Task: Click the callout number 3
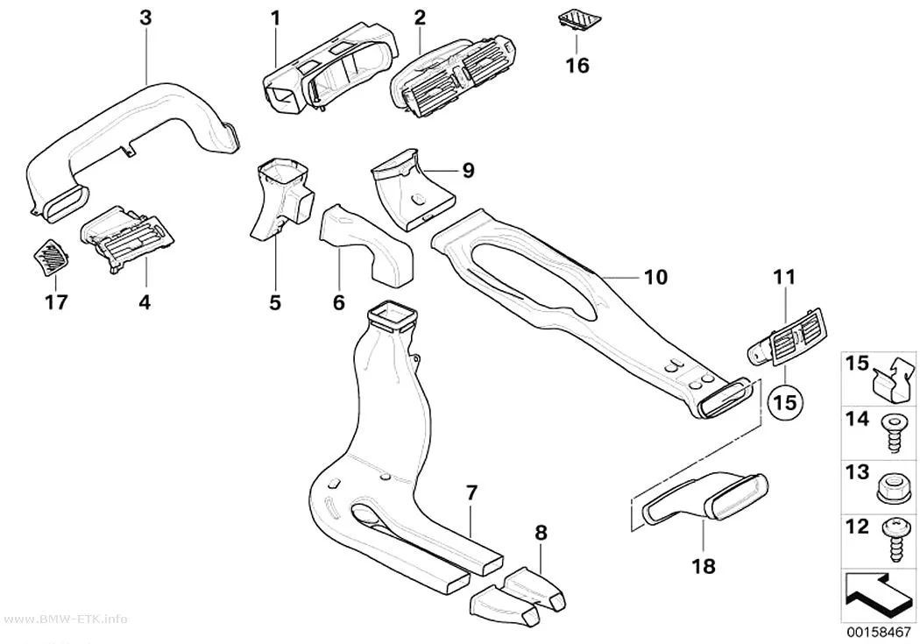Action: (x=145, y=18)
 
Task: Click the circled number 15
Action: (x=785, y=402)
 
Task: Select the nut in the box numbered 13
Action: (x=893, y=486)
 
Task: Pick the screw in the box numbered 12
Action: (x=893, y=539)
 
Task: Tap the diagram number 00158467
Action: (x=878, y=633)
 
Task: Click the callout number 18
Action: (x=704, y=566)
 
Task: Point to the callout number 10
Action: (x=655, y=276)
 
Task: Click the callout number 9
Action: (x=468, y=170)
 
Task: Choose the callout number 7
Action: (x=472, y=494)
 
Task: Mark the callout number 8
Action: (x=541, y=533)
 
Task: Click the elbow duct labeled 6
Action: (x=366, y=246)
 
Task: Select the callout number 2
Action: (x=420, y=18)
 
